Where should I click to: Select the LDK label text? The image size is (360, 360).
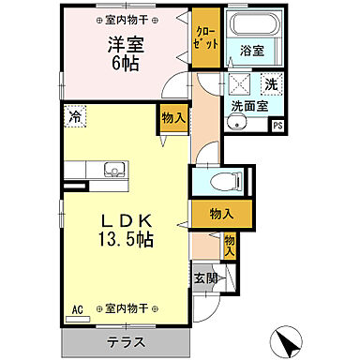point(127,219)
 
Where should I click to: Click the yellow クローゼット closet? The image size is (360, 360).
point(204,40)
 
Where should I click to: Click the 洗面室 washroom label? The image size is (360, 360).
point(249,106)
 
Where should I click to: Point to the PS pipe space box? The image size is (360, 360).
point(276,127)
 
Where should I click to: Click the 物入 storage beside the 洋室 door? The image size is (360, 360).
point(172,117)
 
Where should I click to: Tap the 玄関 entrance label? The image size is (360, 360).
point(206,277)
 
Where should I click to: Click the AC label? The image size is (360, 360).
point(79,307)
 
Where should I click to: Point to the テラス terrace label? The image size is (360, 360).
point(125,341)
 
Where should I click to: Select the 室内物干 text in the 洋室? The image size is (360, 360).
point(126,19)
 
